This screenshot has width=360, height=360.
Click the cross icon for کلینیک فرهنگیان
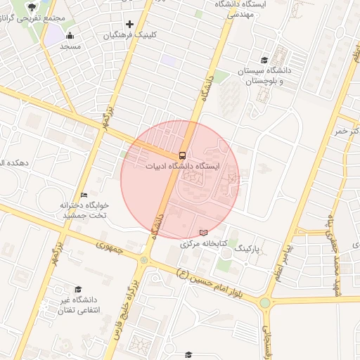(x=130, y=25)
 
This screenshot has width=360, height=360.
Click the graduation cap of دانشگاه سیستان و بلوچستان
(x=264, y=60)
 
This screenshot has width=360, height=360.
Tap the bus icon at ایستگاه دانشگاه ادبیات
(x=182, y=155)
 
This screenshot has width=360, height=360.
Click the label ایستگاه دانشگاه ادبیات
(x=183, y=166)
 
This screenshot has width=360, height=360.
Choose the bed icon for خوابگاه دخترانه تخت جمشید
(x=84, y=195)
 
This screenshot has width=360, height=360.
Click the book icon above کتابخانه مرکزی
(x=204, y=233)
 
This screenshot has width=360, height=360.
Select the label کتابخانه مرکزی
(x=204, y=244)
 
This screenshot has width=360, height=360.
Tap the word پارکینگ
(x=247, y=249)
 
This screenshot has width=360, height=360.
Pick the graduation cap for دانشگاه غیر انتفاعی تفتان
(x=77, y=289)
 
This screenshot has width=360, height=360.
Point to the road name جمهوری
(x=110, y=248)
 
